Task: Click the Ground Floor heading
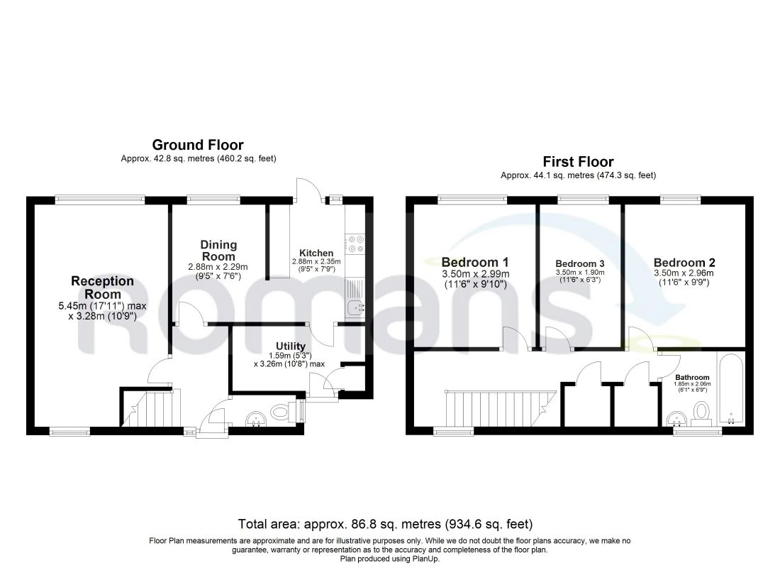tap(198, 145)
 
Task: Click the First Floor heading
tap(578, 162)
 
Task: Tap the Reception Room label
tap(103, 288)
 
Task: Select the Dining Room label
tap(218, 250)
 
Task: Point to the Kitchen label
tap(316, 253)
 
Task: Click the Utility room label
tap(291, 346)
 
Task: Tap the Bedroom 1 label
tap(475, 261)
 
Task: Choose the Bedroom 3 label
tap(580, 263)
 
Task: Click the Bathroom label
tap(692, 377)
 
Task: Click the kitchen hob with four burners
tap(356, 244)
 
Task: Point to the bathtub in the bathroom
tap(730, 389)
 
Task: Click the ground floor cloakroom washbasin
tap(256, 419)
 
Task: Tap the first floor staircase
tap(500, 408)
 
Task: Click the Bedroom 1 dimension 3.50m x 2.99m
tap(475, 274)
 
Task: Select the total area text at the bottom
tap(386, 524)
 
